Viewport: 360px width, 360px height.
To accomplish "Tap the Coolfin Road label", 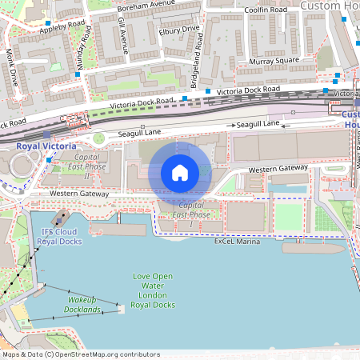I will click(x=266, y=10).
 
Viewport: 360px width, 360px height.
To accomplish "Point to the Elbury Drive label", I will click(x=180, y=30).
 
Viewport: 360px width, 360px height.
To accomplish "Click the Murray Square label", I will click(x=274, y=61).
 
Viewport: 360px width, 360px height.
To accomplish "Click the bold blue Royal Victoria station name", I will click(x=46, y=146).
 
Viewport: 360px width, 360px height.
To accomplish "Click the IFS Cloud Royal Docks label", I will click(x=62, y=237).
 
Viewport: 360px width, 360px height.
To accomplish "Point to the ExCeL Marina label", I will click(x=237, y=242).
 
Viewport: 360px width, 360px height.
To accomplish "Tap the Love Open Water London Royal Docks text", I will click(x=153, y=290).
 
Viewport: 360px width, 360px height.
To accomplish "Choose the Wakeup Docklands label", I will click(x=82, y=304).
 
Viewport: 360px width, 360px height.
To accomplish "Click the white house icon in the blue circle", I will click(x=180, y=172).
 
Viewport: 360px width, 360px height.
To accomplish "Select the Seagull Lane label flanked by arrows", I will click(x=256, y=124).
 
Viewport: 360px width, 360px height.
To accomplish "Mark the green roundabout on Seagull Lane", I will click(x=98, y=138).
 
